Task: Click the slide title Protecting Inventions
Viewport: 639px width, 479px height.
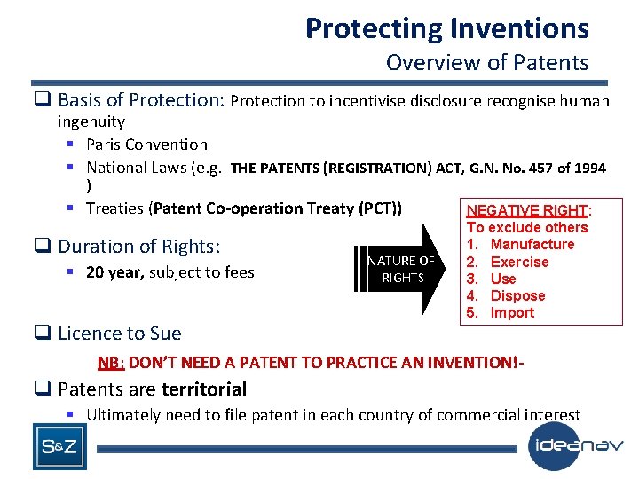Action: pos(446,28)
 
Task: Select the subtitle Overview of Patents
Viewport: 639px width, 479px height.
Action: pos(487,63)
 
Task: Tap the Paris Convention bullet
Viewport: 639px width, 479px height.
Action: pos(146,145)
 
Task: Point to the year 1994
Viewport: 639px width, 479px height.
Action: pos(589,168)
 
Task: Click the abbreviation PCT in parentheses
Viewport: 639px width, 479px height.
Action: pos(378,208)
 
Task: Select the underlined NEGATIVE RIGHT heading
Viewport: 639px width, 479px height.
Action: pos(527,210)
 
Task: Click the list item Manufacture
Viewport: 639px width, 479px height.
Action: pos(532,245)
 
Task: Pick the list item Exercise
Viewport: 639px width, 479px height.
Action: pos(519,262)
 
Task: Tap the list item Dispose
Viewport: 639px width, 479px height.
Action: pos(517,295)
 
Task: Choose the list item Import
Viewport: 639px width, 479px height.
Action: pos(512,312)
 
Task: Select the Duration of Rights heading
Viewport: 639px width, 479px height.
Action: pos(138,246)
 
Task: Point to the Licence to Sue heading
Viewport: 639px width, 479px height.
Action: pos(119,334)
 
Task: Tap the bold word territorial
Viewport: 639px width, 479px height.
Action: pos(203,389)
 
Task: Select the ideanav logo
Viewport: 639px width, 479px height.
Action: pos(577,446)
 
